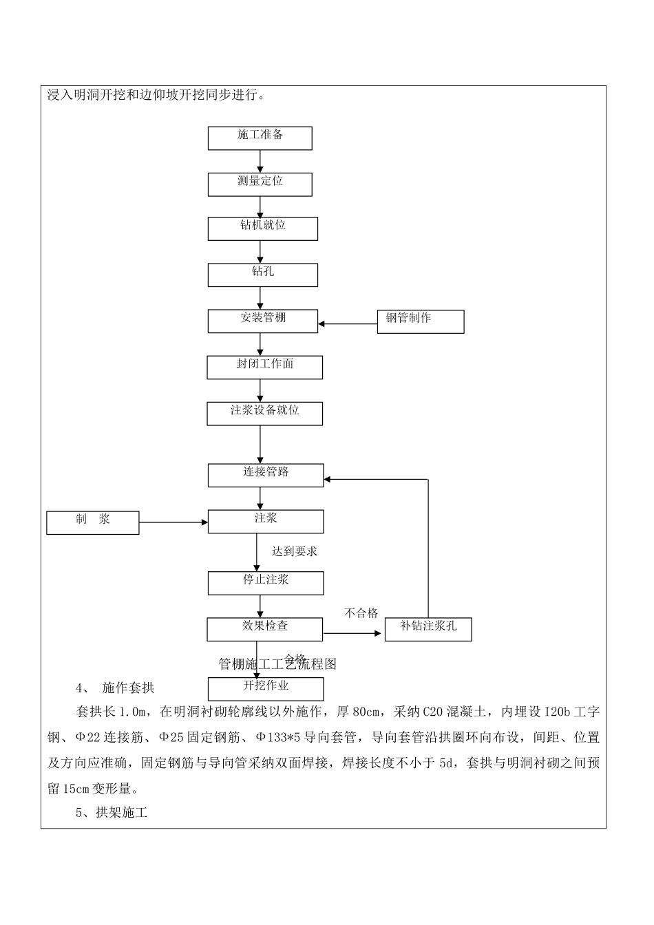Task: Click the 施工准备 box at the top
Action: coord(260,138)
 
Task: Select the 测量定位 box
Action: coord(260,184)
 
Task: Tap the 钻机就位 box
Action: coord(262,228)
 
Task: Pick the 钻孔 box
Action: coord(262,275)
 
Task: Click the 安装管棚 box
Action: coord(262,321)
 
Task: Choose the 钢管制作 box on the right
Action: coord(420,321)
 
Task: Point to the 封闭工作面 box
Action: coord(264,367)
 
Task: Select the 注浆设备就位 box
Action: coord(264,413)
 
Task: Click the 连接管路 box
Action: coord(265,475)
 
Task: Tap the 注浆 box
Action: coord(265,521)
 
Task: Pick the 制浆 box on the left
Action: coord(92,522)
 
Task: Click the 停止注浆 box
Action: coord(265,583)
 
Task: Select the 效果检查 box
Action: coord(264,629)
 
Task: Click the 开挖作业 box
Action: coord(265,689)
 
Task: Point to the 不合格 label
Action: coord(361,613)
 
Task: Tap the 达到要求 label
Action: coord(295,551)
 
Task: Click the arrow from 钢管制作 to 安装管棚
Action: coord(348,323)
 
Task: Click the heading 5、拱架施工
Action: coord(112,813)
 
